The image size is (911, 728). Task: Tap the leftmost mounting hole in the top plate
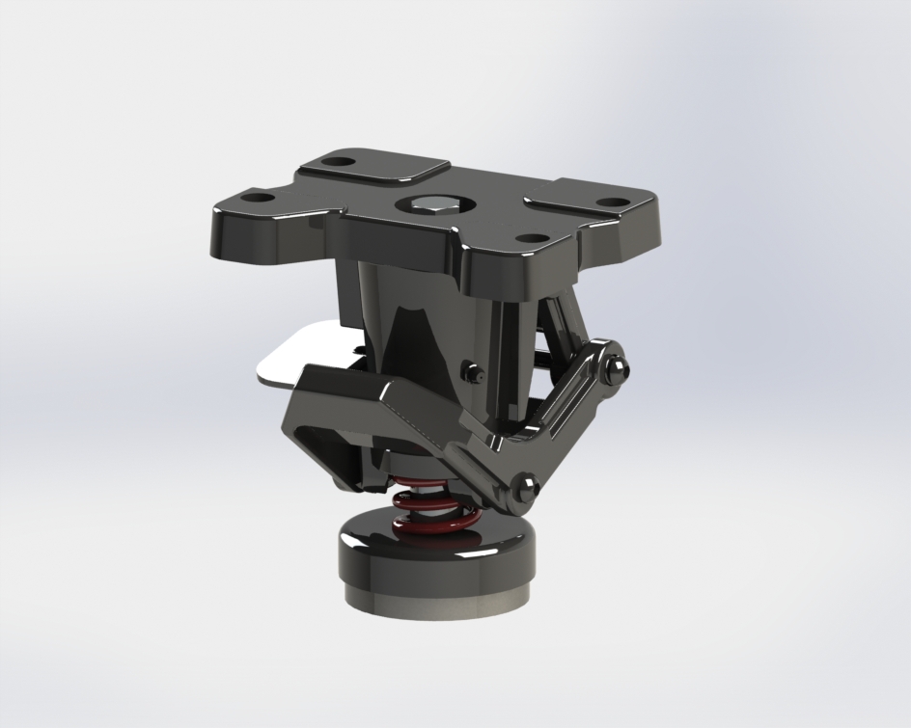(258, 198)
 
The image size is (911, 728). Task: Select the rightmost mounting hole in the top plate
(610, 203)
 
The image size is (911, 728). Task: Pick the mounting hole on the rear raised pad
(336, 161)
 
